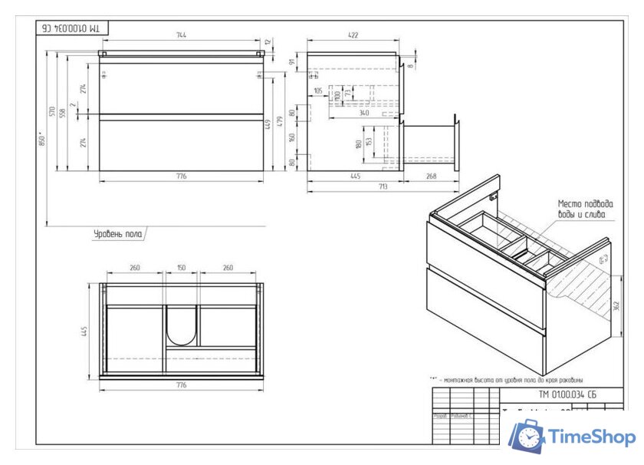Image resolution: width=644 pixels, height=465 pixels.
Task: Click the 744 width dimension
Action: [182, 35]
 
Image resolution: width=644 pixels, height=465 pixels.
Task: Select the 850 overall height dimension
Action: [44, 140]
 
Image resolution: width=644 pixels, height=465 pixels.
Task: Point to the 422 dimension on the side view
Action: [353, 35]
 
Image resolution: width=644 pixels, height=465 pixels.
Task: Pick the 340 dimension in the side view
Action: [363, 114]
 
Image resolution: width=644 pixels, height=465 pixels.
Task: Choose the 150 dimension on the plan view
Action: [182, 269]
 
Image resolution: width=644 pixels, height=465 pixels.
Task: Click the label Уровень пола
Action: [117, 233]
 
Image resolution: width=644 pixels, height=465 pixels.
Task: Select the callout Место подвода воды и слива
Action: [585, 209]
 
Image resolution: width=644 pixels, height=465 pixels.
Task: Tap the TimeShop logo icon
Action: [527, 437]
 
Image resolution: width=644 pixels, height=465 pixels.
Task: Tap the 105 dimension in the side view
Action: [318, 91]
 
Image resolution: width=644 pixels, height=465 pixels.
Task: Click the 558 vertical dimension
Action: [63, 112]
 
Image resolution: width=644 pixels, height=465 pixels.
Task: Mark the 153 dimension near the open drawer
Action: [370, 143]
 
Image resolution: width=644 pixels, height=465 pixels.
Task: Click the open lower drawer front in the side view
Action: [457, 143]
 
